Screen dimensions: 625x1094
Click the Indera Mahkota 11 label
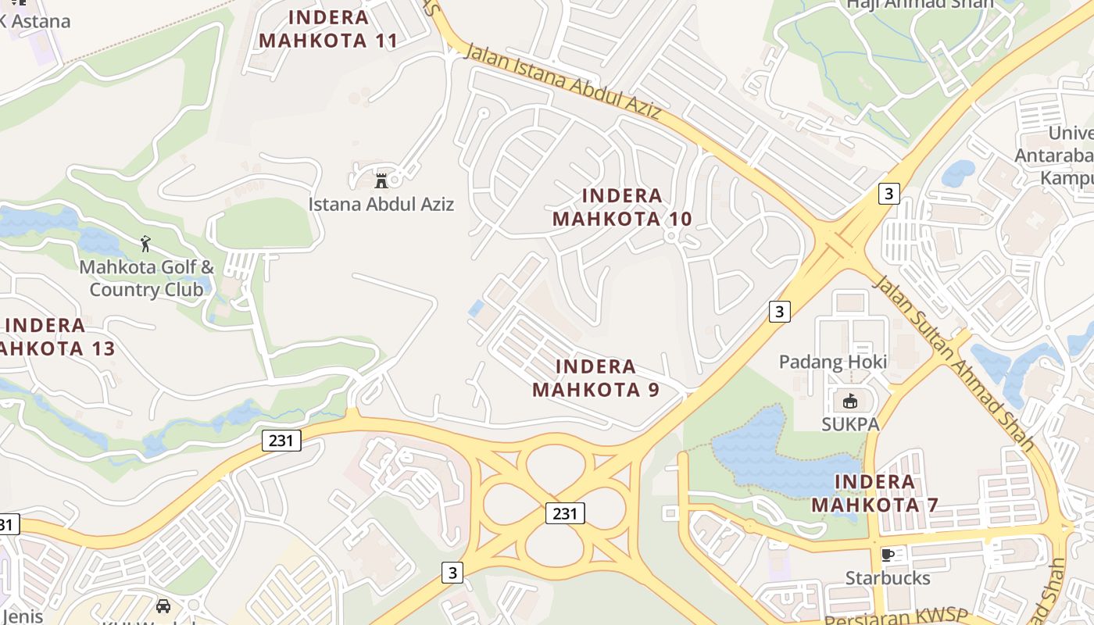(x=328, y=28)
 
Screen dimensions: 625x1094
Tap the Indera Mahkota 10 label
(x=622, y=207)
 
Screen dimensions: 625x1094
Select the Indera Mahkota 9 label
(x=595, y=377)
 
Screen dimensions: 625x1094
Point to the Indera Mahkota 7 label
(x=874, y=493)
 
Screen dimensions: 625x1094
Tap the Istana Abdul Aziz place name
(x=381, y=205)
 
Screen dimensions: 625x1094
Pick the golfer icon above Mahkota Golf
(x=145, y=243)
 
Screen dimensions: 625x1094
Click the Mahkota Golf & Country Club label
(x=146, y=278)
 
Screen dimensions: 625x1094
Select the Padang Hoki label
(x=833, y=362)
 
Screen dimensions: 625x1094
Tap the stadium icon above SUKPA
(x=850, y=402)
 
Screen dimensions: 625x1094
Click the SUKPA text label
(x=850, y=424)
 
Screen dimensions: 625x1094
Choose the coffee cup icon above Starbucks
(x=887, y=555)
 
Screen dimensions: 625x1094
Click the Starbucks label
(x=888, y=578)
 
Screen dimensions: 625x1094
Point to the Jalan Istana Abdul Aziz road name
(x=563, y=82)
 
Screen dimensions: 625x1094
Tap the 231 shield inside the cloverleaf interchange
(x=564, y=513)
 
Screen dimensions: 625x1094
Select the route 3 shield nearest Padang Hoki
(x=778, y=311)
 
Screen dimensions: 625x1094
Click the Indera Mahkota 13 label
(x=56, y=337)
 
